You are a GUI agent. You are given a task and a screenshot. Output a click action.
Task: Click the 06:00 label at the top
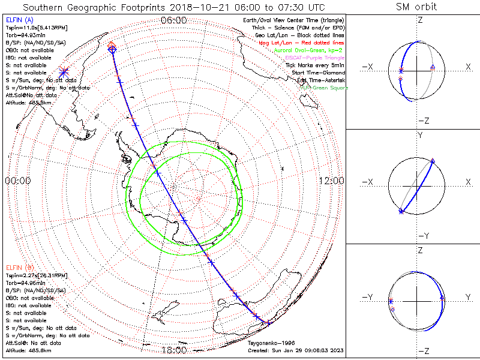tap(174, 20)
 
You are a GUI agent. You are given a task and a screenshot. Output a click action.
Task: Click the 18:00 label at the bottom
tap(174, 350)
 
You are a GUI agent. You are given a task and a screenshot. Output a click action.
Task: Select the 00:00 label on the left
tap(18, 181)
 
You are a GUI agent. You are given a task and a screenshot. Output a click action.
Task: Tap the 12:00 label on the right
tap(331, 181)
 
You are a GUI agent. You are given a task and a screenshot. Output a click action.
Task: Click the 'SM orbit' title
tap(416, 7)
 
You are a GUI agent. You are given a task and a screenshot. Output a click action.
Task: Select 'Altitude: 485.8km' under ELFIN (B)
tap(28, 349)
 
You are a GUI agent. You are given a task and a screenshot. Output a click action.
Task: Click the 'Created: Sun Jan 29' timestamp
tap(295, 350)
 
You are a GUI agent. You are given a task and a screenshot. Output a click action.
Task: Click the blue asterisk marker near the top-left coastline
tap(64, 71)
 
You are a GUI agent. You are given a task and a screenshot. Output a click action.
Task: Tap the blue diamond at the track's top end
tap(112, 50)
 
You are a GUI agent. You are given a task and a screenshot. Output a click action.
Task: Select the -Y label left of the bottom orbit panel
tap(368, 297)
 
